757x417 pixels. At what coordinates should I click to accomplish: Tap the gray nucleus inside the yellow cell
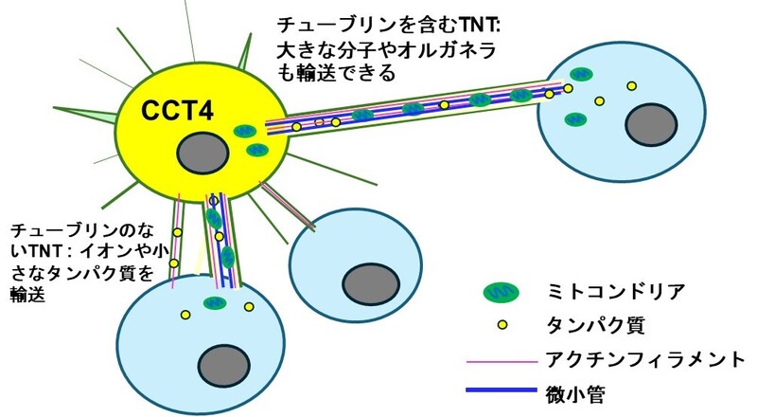coord(201,152)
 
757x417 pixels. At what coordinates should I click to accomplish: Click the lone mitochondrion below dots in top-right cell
coord(574,119)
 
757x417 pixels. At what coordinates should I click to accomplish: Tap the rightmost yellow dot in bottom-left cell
coord(250,306)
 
